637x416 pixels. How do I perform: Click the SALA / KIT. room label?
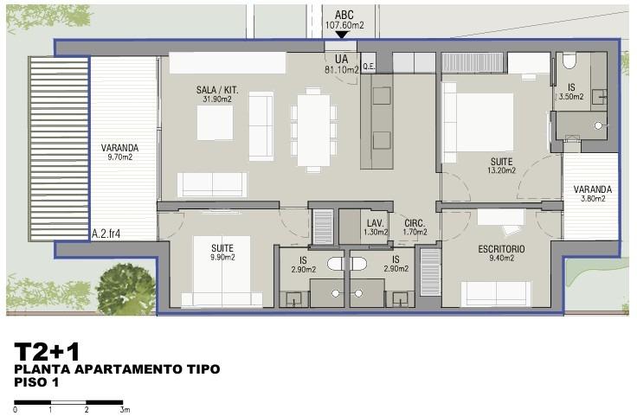click(x=217, y=90)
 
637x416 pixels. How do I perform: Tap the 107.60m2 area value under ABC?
click(x=344, y=25)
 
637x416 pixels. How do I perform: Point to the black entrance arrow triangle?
click(x=342, y=35)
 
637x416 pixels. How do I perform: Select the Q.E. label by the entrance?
click(x=369, y=67)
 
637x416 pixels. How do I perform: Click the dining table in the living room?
click(x=313, y=130)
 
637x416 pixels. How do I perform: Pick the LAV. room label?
click(x=376, y=223)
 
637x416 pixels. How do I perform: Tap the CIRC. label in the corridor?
click(x=415, y=223)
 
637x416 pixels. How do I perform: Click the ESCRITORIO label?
click(x=501, y=249)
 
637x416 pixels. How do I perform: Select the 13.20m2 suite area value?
click(x=502, y=170)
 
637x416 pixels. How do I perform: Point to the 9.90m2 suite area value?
click(x=222, y=257)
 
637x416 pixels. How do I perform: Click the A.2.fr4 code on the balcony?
click(x=106, y=234)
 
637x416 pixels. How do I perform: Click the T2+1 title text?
click(x=47, y=351)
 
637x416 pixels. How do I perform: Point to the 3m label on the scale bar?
click(x=125, y=410)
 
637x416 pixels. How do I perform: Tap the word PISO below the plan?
click(x=31, y=382)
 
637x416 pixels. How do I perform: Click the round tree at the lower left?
click(x=125, y=288)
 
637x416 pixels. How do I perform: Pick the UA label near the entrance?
click(x=342, y=59)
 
